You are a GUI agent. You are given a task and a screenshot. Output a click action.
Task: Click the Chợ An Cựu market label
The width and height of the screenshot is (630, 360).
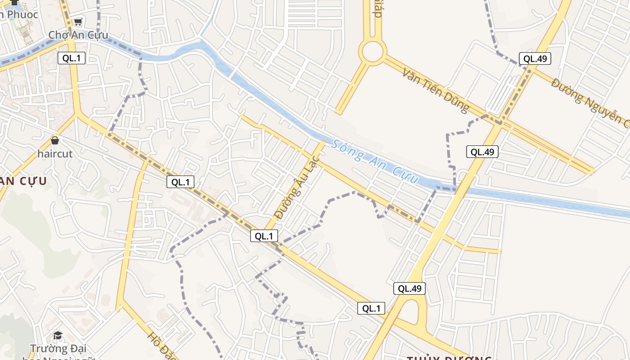pos(78,35)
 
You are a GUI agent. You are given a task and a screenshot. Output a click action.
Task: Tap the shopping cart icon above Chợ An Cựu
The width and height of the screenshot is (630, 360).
pos(78,22)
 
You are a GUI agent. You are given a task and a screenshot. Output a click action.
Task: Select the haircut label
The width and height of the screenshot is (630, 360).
pos(55,153)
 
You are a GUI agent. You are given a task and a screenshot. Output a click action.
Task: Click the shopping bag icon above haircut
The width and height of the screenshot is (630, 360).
pos(55,141)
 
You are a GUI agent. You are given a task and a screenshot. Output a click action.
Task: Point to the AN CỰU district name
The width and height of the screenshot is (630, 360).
pos(22,181)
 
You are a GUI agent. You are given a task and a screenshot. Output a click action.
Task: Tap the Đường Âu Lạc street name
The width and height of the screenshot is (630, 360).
pos(297,188)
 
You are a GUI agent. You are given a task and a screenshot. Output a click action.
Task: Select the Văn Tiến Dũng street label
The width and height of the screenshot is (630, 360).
pos(436,90)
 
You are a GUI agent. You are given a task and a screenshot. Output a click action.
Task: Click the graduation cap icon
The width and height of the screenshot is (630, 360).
pos(58,336)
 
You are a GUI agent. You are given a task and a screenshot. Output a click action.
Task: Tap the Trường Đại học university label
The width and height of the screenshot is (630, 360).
pos(58,349)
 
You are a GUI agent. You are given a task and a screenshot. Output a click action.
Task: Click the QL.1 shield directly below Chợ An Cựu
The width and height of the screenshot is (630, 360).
pos(71,58)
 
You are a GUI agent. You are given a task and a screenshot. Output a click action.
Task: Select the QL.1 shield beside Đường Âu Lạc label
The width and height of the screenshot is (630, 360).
pos(264,235)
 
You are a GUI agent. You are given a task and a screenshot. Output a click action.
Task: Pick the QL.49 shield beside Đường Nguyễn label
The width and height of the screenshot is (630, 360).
pos(535,58)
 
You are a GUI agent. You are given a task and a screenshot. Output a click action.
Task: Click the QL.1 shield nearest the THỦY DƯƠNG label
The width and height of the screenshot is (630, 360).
pos(371,308)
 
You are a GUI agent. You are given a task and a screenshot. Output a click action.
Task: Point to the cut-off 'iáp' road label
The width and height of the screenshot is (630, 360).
pos(377,9)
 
